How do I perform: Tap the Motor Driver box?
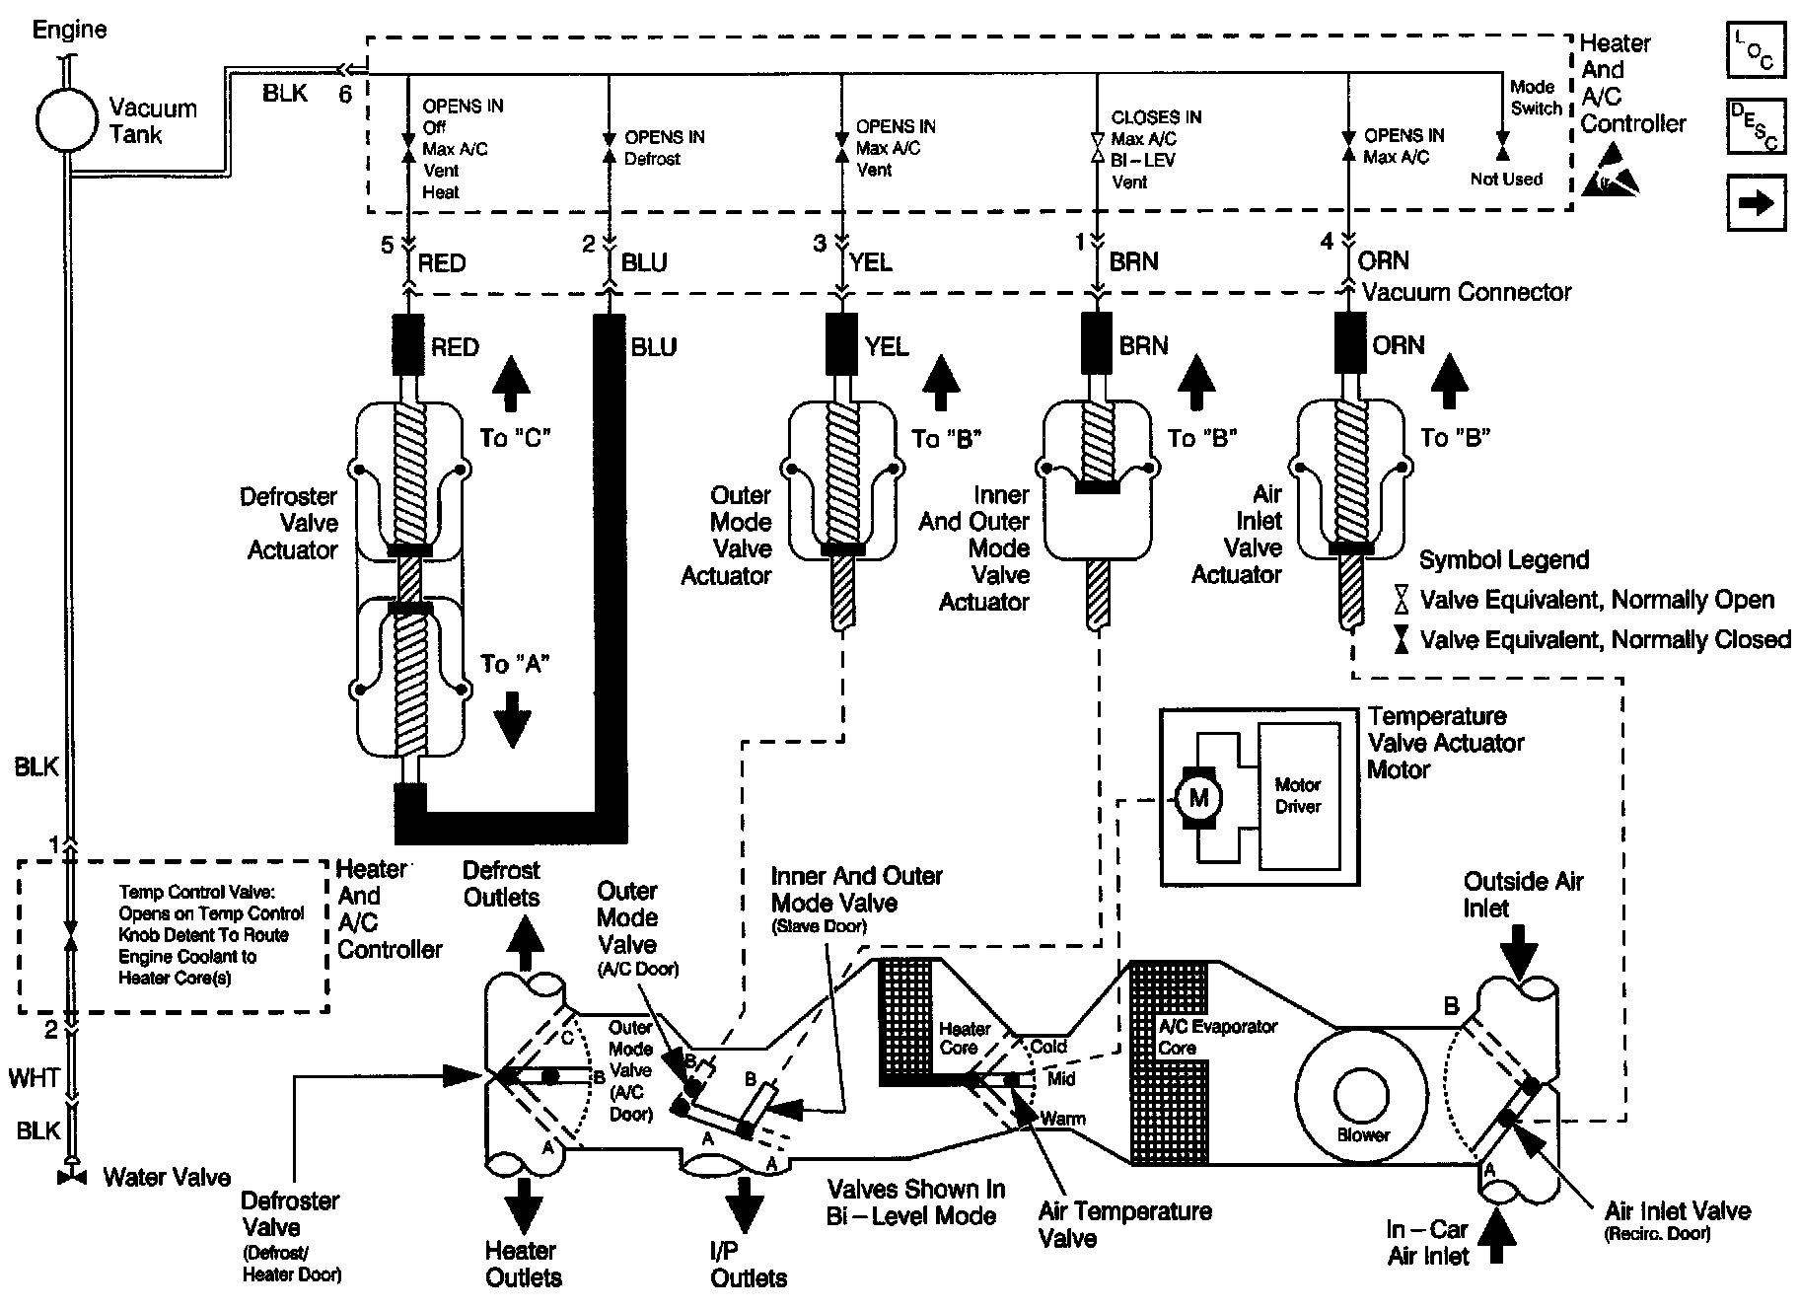[1299, 795]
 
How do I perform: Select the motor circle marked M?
[1198, 797]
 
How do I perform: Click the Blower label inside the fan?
[1363, 1134]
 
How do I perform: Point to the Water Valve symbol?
[69, 1177]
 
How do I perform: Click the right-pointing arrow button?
[1756, 202]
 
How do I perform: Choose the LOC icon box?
[1756, 49]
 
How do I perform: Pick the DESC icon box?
[1756, 125]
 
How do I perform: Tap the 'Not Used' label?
[1506, 179]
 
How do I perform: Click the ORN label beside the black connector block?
[1399, 345]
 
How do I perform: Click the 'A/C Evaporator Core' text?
[1218, 1037]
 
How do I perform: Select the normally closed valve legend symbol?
[1401, 640]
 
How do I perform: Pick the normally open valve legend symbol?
[1401, 600]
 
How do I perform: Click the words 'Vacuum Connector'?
[1467, 293]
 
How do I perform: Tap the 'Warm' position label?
[1063, 1119]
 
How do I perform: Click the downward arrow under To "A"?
[512, 721]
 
